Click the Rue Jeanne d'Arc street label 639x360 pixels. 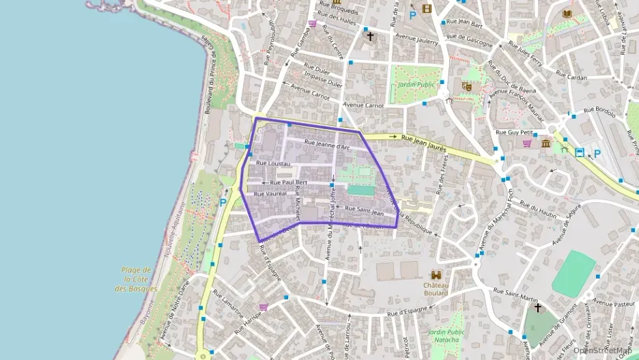[x=327, y=145]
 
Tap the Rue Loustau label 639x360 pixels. [x=273, y=164]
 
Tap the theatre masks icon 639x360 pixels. [x=467, y=87]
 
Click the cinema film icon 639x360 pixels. [x=427, y=9]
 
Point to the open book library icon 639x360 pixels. [x=567, y=14]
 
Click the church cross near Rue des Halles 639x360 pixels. [x=371, y=36]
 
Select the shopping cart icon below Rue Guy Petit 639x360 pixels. [x=527, y=143]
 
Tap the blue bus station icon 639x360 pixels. [x=580, y=152]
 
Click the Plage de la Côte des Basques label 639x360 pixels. [x=137, y=279]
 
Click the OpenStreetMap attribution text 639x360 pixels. [x=601, y=350]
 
